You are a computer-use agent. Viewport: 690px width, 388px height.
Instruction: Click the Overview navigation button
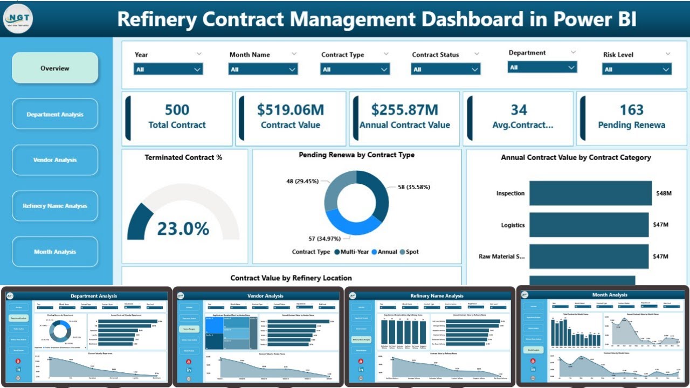point(55,68)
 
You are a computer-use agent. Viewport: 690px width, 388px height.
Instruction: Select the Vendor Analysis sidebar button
point(55,160)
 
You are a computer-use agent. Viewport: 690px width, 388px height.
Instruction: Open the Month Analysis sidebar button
point(55,252)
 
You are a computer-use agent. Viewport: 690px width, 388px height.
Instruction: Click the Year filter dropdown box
point(168,70)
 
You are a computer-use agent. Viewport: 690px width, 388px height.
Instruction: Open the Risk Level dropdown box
point(637,70)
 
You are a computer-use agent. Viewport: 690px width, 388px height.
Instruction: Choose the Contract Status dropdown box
point(445,70)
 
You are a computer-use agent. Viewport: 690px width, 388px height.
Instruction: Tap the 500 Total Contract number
point(177,110)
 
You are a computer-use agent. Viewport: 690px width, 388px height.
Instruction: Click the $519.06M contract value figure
point(290,110)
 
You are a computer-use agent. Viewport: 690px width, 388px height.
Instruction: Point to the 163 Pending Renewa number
point(631,110)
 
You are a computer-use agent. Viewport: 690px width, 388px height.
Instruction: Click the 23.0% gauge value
point(183,228)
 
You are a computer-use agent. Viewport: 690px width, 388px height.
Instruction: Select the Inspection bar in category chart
point(591,193)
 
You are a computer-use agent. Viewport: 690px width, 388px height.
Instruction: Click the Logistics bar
point(589,225)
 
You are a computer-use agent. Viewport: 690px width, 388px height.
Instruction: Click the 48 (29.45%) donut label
point(302,182)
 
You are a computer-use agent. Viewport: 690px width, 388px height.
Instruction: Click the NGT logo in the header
point(18,19)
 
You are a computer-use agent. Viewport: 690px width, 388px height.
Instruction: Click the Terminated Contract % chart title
point(183,157)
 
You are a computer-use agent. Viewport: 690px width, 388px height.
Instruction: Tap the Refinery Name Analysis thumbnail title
point(437,295)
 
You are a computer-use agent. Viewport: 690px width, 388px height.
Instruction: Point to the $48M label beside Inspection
point(664,193)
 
